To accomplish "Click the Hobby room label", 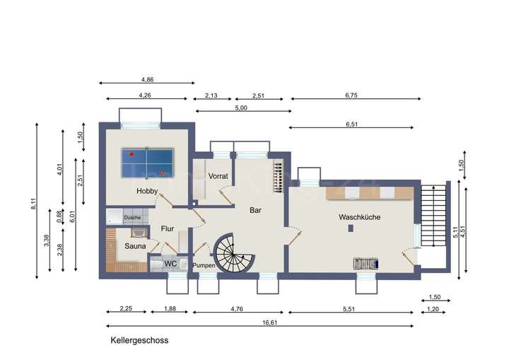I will (x=147, y=191).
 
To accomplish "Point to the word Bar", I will (x=256, y=210).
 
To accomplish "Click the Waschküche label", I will (x=359, y=217).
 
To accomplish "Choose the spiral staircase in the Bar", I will (x=234, y=253).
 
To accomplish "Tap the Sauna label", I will (x=135, y=246).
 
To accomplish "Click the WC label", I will (x=170, y=264).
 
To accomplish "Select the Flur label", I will (x=168, y=228).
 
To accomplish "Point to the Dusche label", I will (x=132, y=217).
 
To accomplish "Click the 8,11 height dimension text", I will (x=33, y=201).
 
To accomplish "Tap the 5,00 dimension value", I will (x=241, y=108).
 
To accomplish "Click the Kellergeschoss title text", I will (x=139, y=340).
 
